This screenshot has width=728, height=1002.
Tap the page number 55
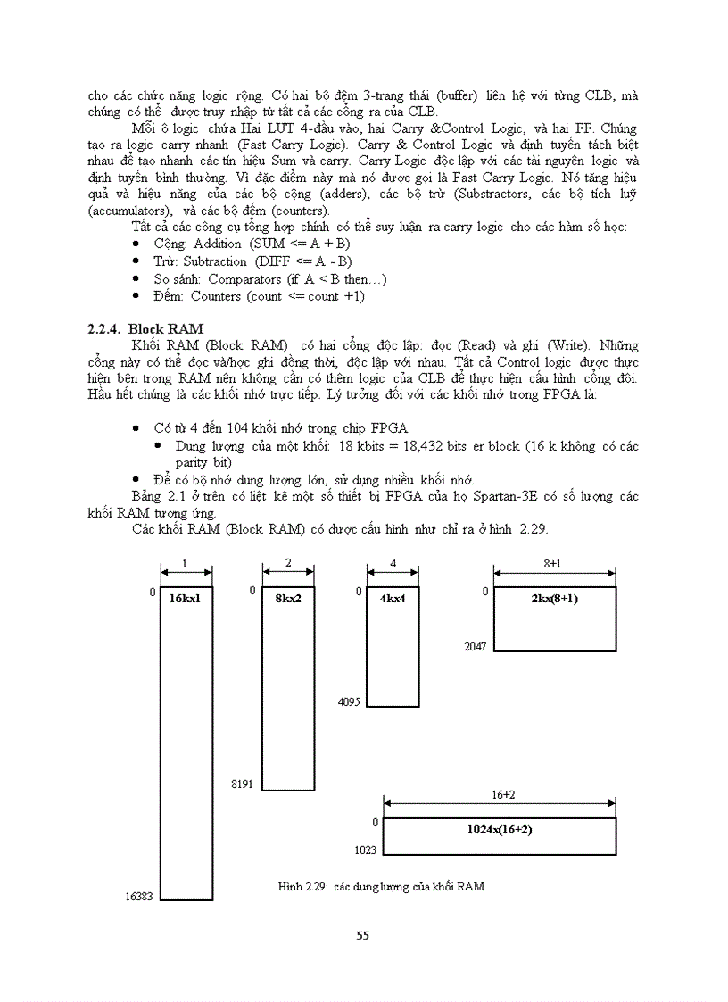click(362, 935)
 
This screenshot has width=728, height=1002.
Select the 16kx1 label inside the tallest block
click(185, 598)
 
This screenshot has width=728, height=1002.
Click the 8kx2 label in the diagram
click(288, 598)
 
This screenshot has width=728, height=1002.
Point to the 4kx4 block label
click(393, 598)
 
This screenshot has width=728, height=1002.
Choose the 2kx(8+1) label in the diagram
click(553, 598)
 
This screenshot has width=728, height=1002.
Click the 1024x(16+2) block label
click(500, 829)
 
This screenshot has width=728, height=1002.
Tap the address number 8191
click(242, 783)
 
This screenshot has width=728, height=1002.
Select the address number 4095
click(349, 702)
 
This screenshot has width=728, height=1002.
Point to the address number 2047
click(475, 646)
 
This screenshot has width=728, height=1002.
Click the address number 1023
click(366, 850)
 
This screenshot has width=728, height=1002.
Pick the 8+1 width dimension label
click(553, 564)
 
